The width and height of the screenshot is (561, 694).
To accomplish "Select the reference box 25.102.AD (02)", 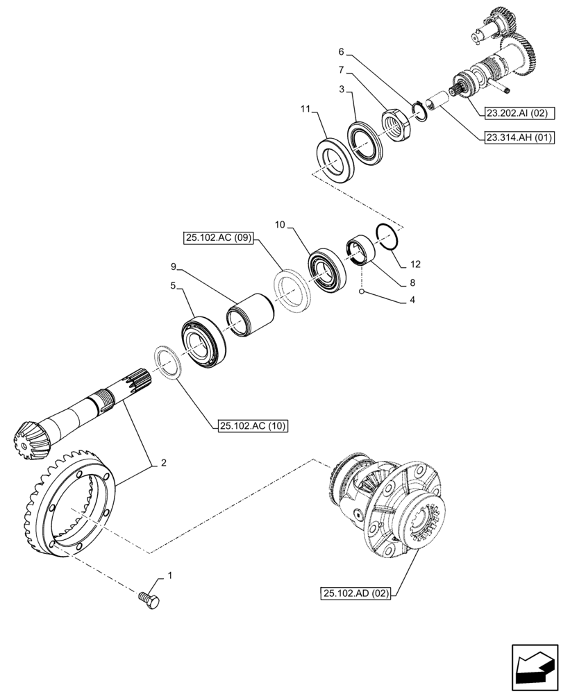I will pyautogui.click(x=357, y=593).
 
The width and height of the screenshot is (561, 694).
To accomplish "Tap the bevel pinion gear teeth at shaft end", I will pyautogui.click(x=26, y=437).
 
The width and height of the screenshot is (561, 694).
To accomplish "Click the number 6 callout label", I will pyautogui.click(x=342, y=52).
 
